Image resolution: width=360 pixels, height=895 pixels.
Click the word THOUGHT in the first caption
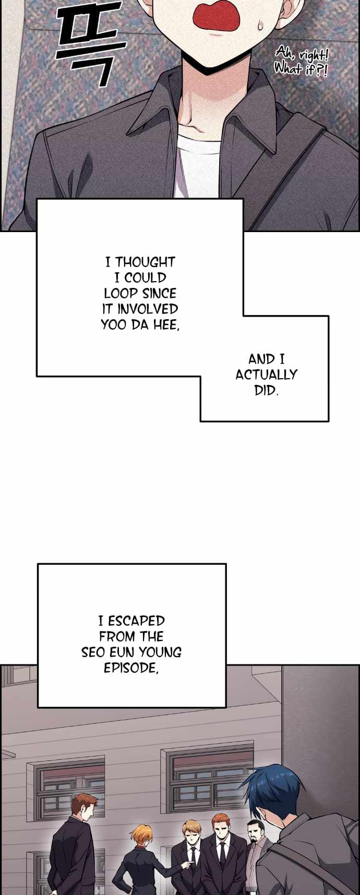point(145,262)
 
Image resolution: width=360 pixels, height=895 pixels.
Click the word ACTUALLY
point(266,374)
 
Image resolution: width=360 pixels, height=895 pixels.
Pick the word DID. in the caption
point(266,390)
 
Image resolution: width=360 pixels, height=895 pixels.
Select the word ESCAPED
point(136,621)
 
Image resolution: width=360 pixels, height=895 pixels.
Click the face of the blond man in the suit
point(190,830)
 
